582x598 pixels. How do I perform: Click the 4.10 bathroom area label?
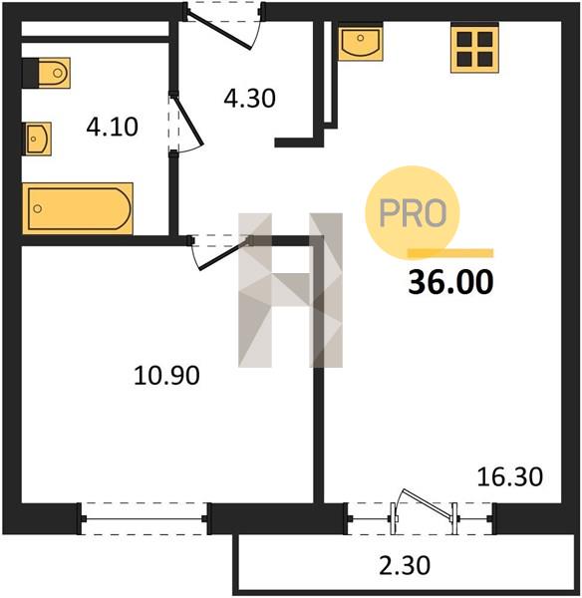[x=113, y=127]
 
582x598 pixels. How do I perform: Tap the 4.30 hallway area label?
[x=249, y=98]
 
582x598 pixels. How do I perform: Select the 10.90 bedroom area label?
[x=166, y=376]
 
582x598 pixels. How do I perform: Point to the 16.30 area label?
[x=510, y=476]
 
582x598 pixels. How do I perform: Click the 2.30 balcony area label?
[x=405, y=565]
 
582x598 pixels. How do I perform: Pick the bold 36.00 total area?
[x=450, y=282]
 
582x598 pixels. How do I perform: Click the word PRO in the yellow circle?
[x=413, y=213]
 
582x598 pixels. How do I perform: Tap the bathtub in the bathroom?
[x=78, y=208]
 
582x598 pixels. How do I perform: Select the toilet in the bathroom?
[x=46, y=73]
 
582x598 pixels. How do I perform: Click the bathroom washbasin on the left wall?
[x=37, y=139]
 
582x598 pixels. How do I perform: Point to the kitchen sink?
[x=360, y=42]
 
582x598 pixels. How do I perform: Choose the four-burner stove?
[x=474, y=48]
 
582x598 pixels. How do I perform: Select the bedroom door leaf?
[x=225, y=254]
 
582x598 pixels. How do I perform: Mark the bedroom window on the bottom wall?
[x=145, y=518]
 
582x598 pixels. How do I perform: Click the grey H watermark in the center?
[x=290, y=290]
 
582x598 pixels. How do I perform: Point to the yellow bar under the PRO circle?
[x=450, y=253]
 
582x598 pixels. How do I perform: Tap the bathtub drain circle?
[x=38, y=208]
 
